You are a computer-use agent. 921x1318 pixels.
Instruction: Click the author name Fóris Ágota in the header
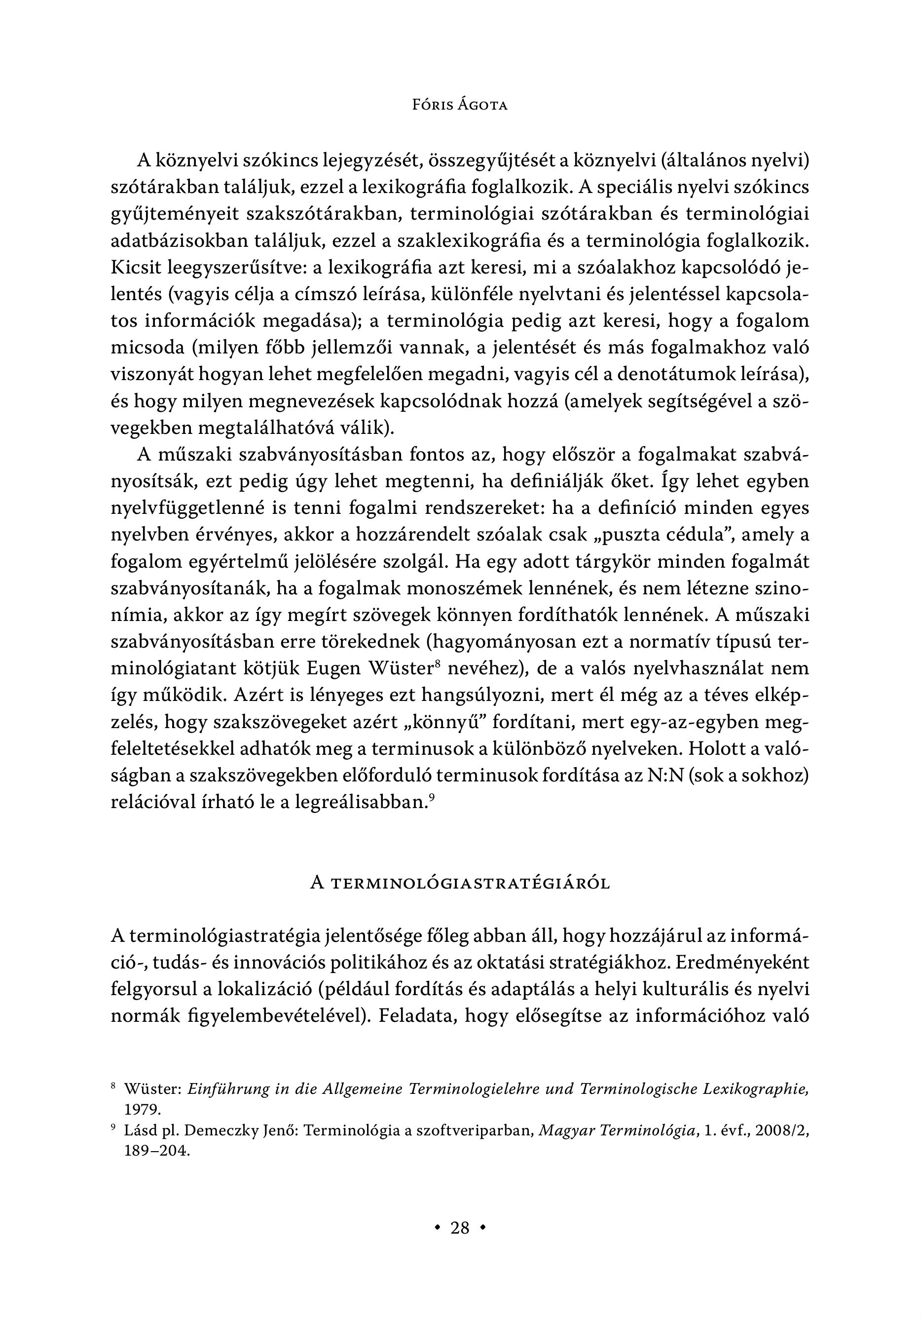coord(460,106)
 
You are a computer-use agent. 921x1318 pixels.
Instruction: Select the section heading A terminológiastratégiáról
coord(460,884)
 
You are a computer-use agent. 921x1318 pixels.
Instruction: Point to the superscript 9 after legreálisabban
coord(431,796)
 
